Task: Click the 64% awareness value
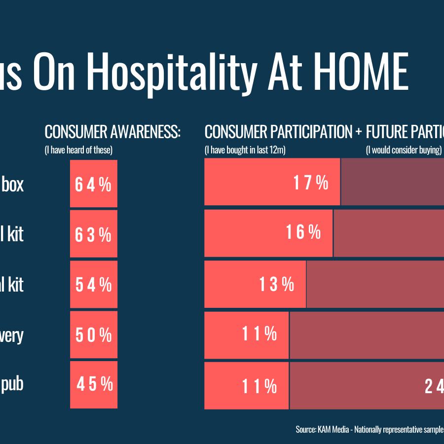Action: tap(93, 184)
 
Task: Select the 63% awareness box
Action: tap(93, 234)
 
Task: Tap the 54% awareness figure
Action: tap(93, 285)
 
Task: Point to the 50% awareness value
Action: tap(93, 335)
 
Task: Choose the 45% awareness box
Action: tap(94, 384)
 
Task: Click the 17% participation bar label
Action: tap(311, 183)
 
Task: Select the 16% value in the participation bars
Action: tap(303, 232)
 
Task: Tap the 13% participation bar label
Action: tap(277, 284)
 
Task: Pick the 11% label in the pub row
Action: tap(259, 386)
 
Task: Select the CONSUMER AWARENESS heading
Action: tap(112, 132)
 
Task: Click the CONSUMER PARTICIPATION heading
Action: tap(279, 132)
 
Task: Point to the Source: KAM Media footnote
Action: tap(370, 429)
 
